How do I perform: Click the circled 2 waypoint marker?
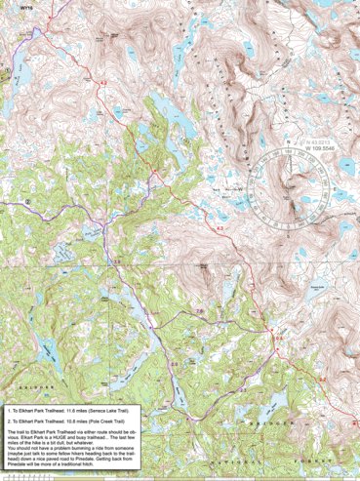(29, 202)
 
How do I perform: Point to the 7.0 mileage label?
(200, 310)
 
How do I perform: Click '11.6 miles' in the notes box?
(79, 413)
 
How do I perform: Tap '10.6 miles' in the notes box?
(79, 422)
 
